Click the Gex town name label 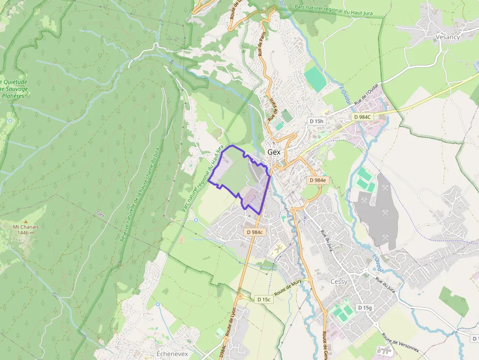point(274,152)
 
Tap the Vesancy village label point(447,37)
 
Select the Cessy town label point(339,282)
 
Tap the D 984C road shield point(362,117)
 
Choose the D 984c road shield point(255,232)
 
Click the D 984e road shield point(317,180)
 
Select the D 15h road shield point(316,121)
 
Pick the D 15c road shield point(263,299)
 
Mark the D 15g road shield point(364,307)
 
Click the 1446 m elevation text point(26,233)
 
